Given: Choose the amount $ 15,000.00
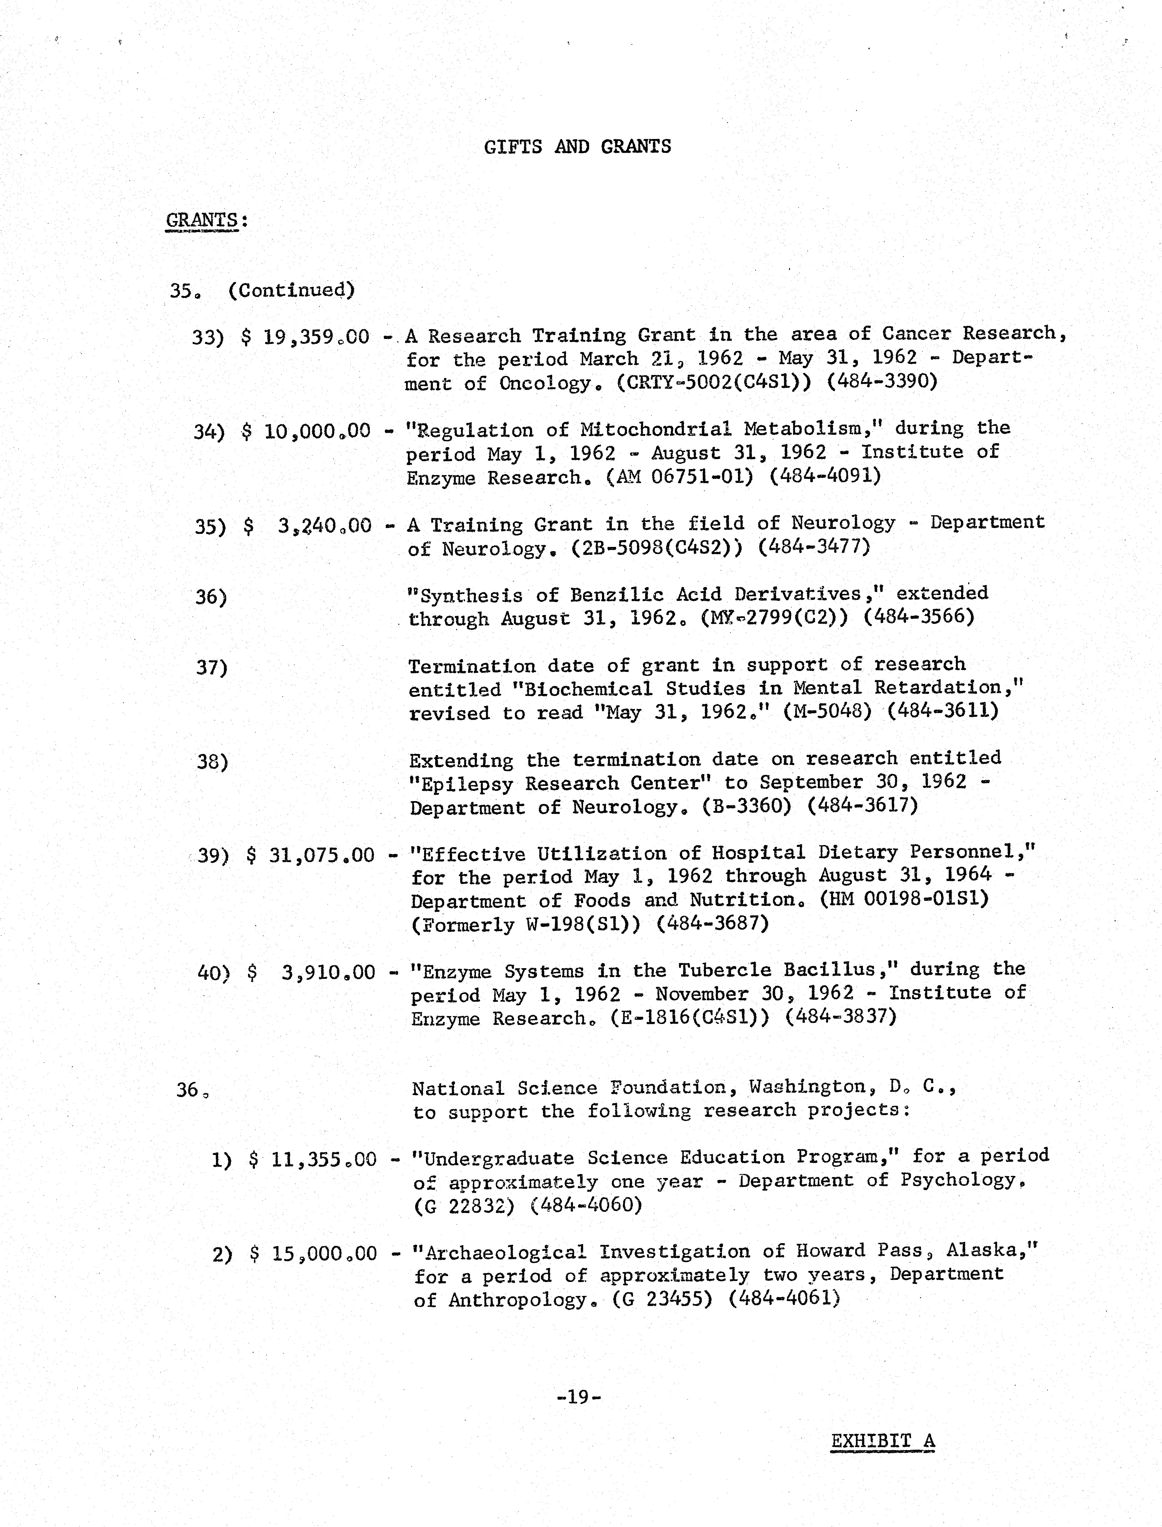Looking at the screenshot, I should [x=313, y=1254].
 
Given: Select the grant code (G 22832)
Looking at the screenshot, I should [x=464, y=1206].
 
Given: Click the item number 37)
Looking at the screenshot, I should [x=212, y=668].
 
